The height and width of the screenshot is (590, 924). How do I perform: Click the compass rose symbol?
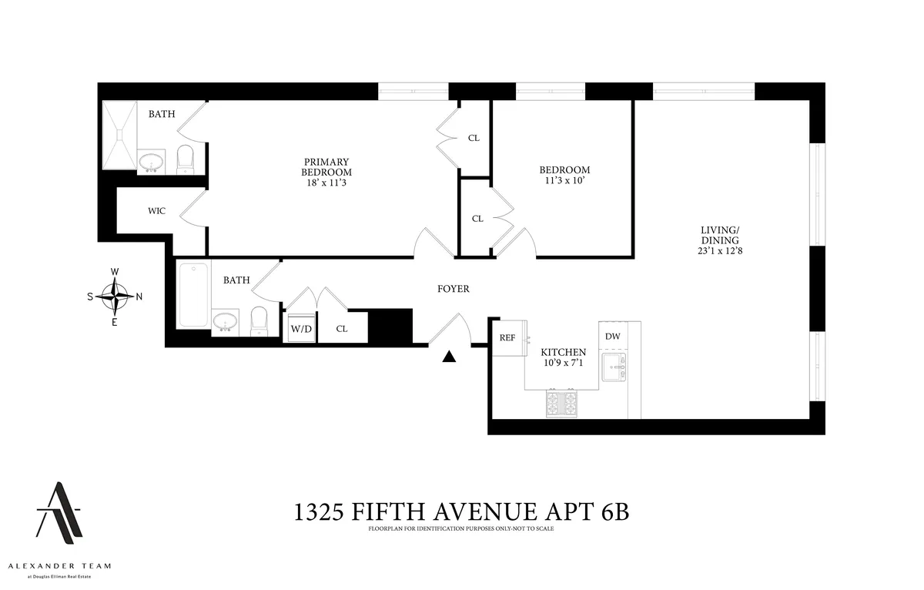[114, 297]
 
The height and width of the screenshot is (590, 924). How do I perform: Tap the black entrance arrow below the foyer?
[450, 356]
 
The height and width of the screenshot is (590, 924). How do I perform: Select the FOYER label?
[452, 290]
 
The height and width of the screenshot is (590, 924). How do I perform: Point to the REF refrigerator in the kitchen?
[507, 337]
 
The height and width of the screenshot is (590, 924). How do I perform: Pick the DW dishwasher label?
[613, 336]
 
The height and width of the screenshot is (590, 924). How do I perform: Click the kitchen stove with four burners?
[561, 403]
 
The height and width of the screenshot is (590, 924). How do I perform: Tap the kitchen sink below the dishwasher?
[614, 367]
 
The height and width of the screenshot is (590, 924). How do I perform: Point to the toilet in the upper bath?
[186, 159]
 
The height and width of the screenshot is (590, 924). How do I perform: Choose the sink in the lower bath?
[225, 320]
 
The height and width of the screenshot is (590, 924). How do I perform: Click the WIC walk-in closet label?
[158, 210]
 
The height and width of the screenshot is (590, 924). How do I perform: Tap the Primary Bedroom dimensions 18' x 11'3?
[326, 182]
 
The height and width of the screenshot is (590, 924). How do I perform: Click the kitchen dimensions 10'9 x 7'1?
[567, 363]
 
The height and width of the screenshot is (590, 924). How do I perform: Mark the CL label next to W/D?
[342, 328]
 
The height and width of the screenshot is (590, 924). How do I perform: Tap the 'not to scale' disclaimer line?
[461, 529]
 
